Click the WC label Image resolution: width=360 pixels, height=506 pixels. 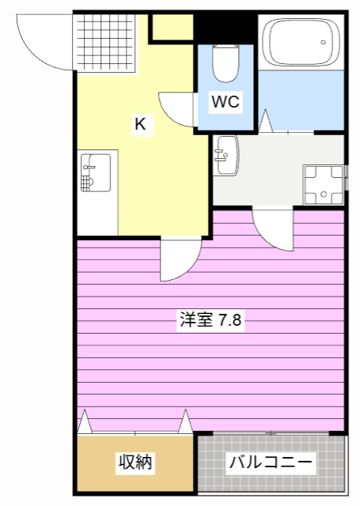click(225, 101)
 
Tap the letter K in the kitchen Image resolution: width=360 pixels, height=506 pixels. click(139, 123)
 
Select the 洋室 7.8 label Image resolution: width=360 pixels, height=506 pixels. click(210, 320)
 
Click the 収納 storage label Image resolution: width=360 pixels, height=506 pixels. click(135, 463)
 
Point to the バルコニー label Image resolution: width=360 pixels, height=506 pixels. click(271, 463)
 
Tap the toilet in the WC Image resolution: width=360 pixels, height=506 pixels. click(225, 63)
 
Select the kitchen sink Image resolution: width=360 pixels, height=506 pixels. click(95, 173)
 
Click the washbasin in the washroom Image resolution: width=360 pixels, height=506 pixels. click(225, 154)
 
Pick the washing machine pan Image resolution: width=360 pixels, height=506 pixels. click(324, 183)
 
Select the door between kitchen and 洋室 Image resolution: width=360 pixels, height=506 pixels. click(179, 259)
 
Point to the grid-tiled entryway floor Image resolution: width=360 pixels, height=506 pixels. click(105, 43)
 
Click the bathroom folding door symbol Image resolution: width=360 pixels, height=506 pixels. click(264, 123)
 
